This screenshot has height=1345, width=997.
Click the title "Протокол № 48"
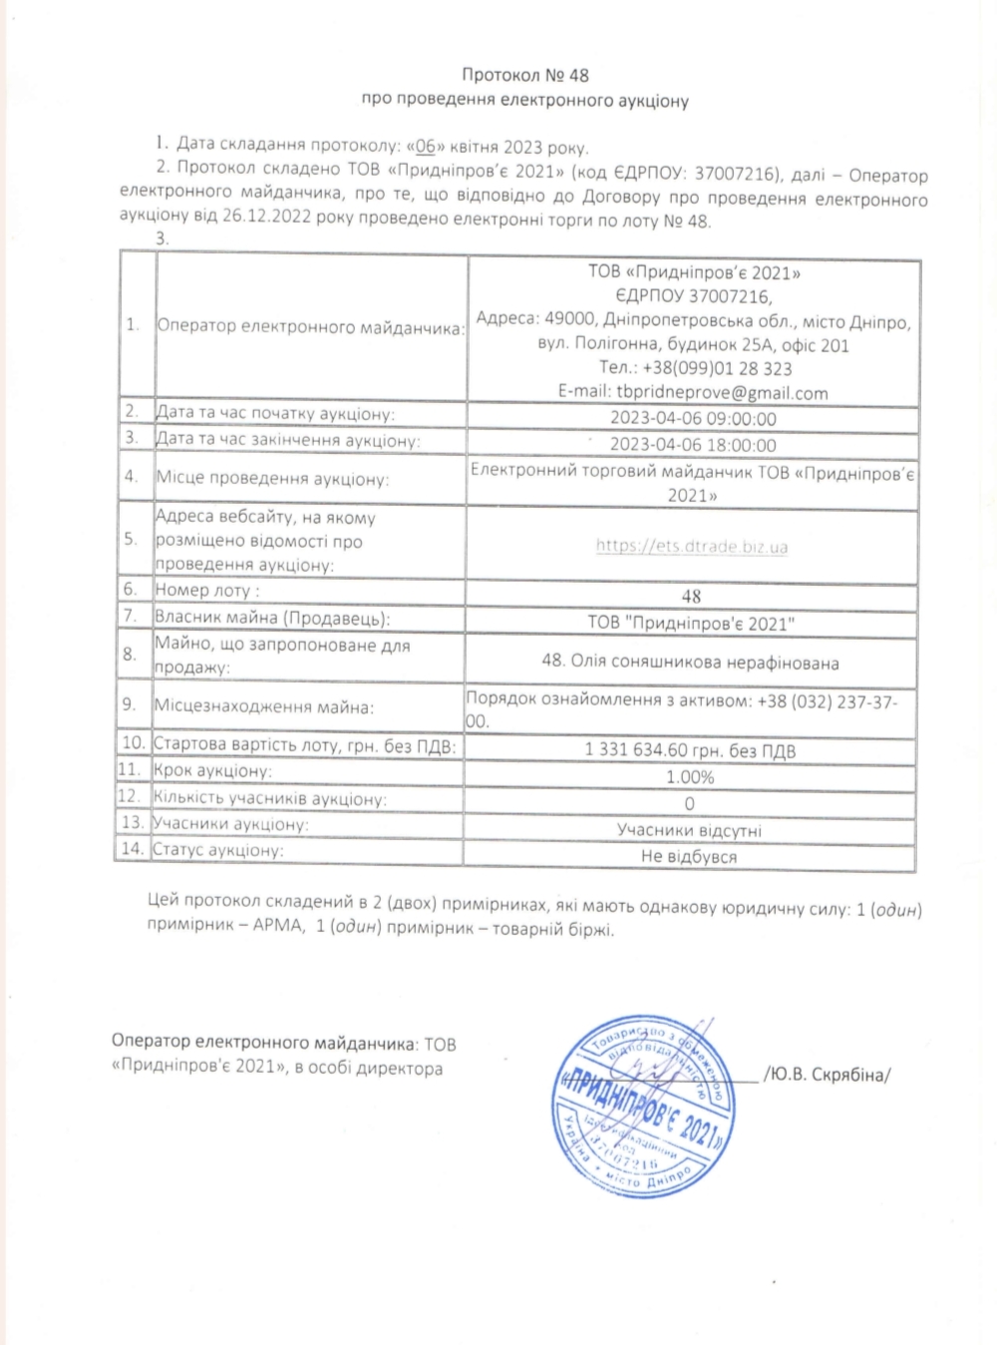(525, 75)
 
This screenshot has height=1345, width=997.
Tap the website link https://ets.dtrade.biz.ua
(692, 546)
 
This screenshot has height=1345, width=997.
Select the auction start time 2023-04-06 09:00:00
(693, 419)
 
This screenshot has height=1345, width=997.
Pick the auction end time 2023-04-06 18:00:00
(693, 445)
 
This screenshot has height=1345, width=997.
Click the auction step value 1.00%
(690, 777)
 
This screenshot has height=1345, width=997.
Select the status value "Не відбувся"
(689, 856)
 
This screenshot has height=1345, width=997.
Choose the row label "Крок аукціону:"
(213, 771)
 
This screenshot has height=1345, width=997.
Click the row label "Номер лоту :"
(207, 590)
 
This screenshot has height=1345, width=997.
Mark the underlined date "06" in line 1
(425, 147)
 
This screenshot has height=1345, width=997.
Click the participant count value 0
(690, 803)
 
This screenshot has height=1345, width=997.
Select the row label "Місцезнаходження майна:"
(264, 706)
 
